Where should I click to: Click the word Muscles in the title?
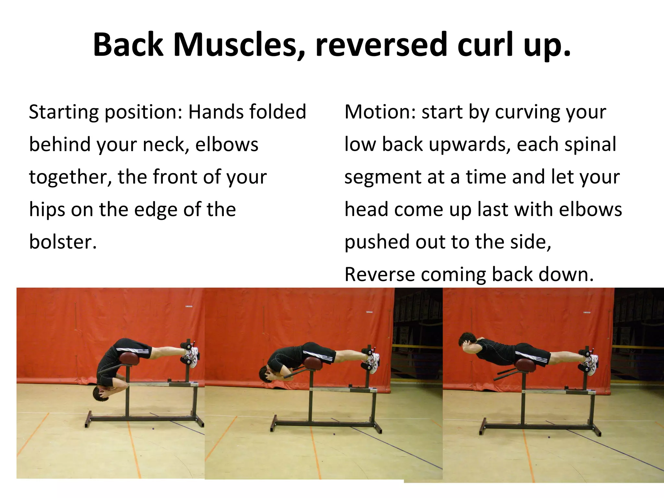236,45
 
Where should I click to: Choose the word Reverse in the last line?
379,275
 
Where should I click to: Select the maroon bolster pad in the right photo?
525,365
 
